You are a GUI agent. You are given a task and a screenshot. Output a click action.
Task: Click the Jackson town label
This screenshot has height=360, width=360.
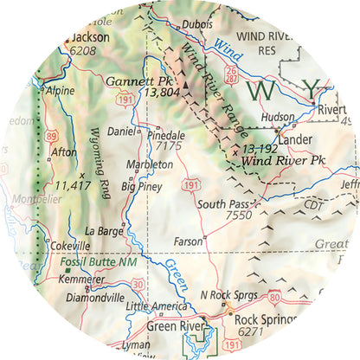pos(91,38)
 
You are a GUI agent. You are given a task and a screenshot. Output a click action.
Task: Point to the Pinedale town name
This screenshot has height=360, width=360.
pos(167,135)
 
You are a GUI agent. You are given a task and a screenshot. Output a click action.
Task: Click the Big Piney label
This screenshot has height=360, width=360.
pos(139,186)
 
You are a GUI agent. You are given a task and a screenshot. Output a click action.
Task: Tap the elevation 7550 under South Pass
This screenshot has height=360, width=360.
pos(238,215)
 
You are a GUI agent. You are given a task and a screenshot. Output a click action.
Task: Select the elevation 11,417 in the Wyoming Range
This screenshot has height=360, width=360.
pos(73,184)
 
